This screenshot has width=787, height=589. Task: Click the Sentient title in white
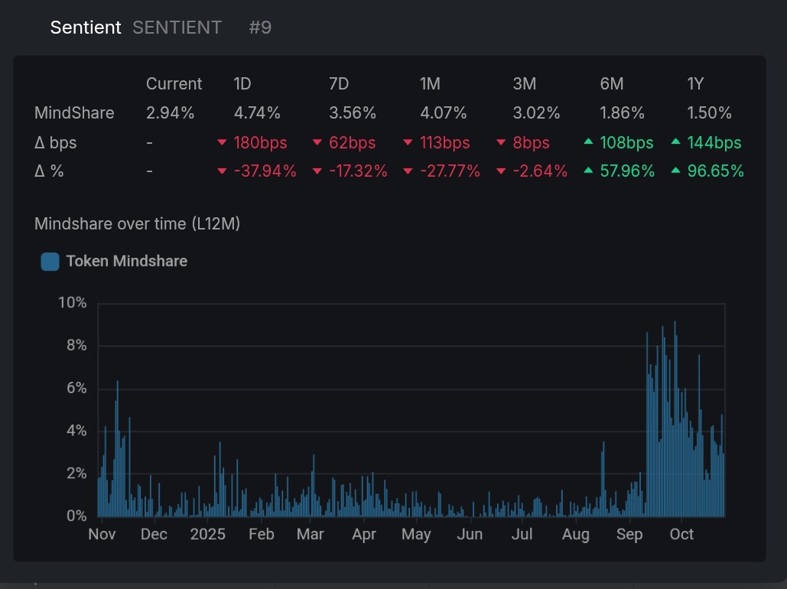tap(86, 28)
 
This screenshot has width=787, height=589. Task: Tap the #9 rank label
tap(260, 28)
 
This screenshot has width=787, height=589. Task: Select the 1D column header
tap(242, 84)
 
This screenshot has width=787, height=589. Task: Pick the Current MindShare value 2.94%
tap(170, 113)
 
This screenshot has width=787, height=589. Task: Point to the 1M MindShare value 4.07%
tap(443, 113)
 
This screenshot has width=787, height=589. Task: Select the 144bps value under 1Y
tap(714, 143)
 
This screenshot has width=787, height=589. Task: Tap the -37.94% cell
tap(265, 171)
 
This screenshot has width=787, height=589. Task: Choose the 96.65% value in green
tap(715, 171)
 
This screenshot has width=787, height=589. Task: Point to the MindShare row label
tap(74, 113)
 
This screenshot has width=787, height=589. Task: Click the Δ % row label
tap(49, 171)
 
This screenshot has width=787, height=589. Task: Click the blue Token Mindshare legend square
tap(50, 262)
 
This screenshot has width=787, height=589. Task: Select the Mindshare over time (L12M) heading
tap(137, 224)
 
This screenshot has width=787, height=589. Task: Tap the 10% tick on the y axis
tap(73, 303)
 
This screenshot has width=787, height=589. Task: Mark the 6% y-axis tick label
tap(76, 389)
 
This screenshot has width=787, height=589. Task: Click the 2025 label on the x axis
tap(208, 534)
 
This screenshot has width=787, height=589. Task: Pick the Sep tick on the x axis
tap(629, 534)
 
